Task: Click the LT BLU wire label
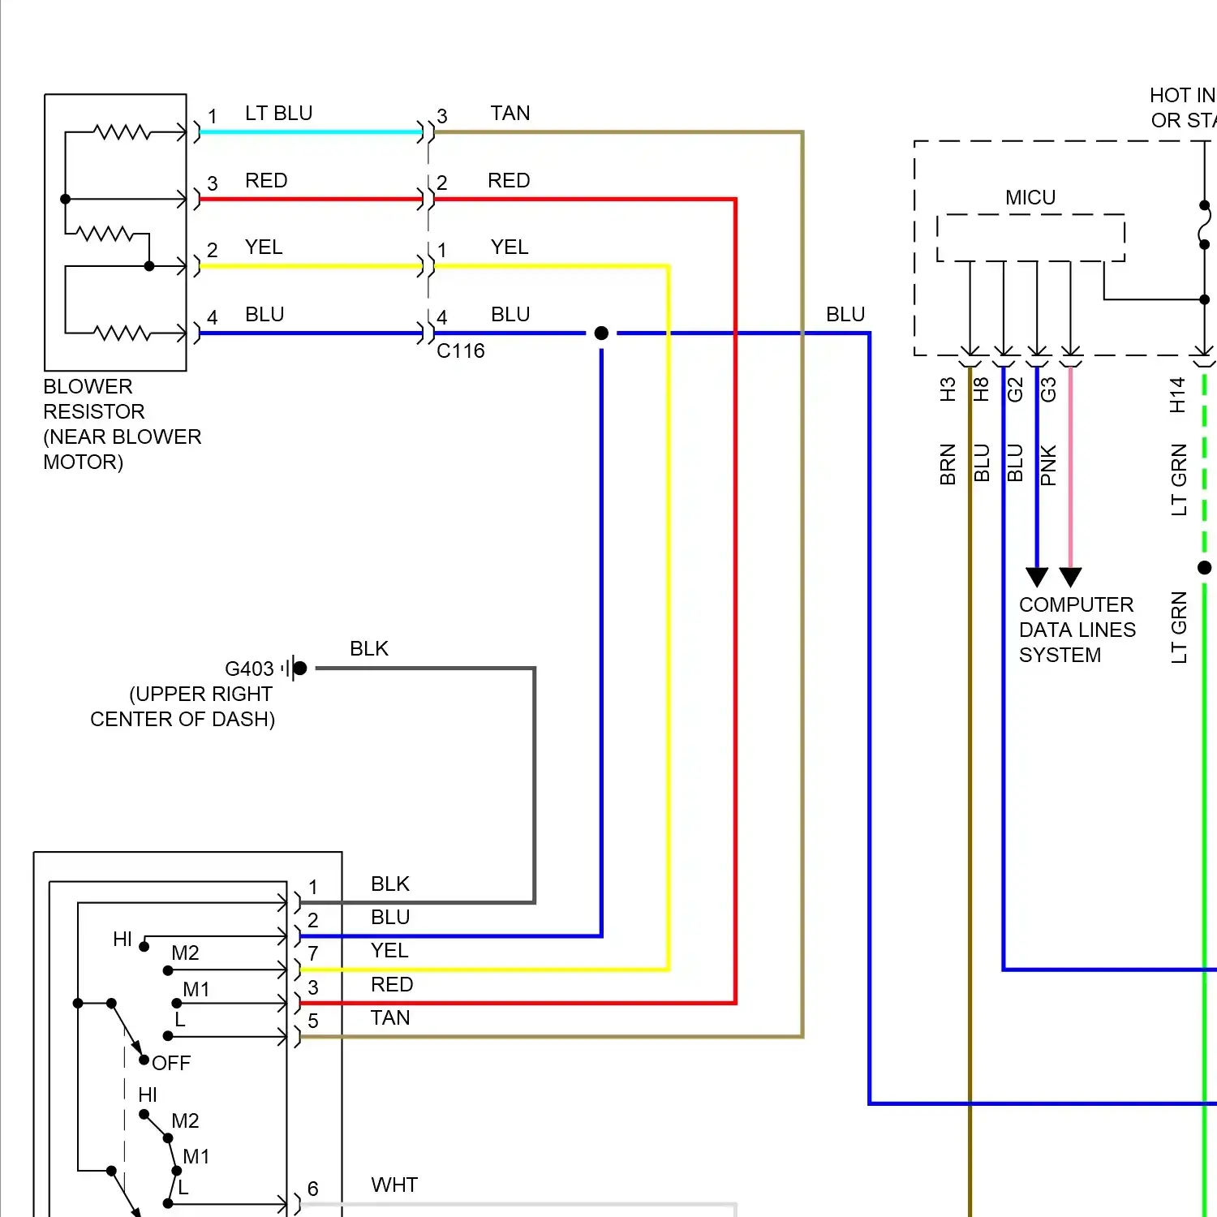[x=278, y=114]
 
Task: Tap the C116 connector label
[x=460, y=351]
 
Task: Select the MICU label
[x=1030, y=198]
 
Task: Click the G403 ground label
[x=249, y=669]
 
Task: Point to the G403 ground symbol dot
[x=300, y=669]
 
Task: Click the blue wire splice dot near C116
[x=601, y=333]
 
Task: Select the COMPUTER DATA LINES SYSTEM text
[x=1077, y=630]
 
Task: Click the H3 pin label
[x=948, y=389]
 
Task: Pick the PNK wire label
[x=1048, y=465]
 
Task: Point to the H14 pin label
[x=1178, y=395]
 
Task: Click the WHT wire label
[x=394, y=1185]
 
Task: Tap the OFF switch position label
[x=171, y=1064]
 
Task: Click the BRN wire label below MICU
[x=948, y=464]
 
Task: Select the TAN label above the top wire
[x=510, y=114]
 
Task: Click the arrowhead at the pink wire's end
[x=1070, y=577]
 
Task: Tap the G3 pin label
[x=1048, y=389]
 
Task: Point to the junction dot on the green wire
[x=1205, y=568]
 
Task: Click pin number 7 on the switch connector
[x=313, y=954]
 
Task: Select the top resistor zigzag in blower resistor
[x=122, y=131]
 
